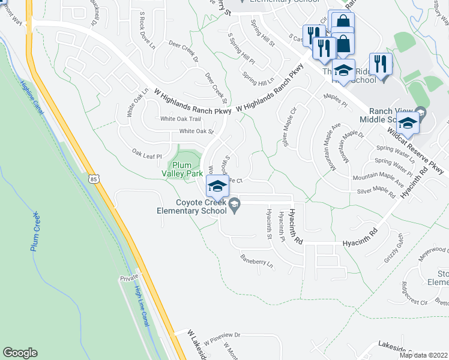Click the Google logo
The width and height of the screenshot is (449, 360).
pos(20,353)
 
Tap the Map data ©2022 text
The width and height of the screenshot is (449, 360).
pos(423,355)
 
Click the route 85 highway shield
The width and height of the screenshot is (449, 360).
pos(92,178)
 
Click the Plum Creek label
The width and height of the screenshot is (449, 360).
pos(35,232)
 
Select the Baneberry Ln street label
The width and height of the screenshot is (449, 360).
pos(257,262)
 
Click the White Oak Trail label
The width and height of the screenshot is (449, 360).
pos(176,119)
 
